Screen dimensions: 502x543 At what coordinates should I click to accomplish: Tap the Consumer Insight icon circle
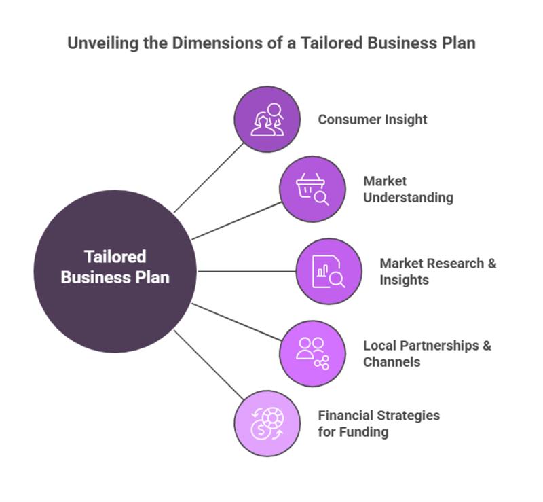[x=267, y=119]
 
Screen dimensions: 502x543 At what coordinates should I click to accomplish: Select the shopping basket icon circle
[x=312, y=189]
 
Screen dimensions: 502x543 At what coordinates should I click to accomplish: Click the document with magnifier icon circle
[x=329, y=271]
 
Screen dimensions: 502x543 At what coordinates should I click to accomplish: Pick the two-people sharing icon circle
[x=312, y=353]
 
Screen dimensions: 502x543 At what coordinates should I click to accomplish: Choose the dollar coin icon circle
[x=267, y=423]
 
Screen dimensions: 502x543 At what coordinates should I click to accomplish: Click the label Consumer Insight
[x=373, y=120]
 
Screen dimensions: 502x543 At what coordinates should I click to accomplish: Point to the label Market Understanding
[x=407, y=190]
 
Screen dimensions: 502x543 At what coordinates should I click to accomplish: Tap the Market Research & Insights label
[x=437, y=271]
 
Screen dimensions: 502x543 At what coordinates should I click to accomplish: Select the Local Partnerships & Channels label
[x=426, y=353]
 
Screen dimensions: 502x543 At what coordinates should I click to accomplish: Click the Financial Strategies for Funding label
[x=378, y=423]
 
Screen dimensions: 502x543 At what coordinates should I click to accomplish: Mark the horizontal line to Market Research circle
[x=246, y=271]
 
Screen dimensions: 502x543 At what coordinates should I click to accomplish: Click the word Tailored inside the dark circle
[x=115, y=257]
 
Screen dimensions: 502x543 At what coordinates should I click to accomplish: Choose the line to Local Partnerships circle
[x=236, y=321]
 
